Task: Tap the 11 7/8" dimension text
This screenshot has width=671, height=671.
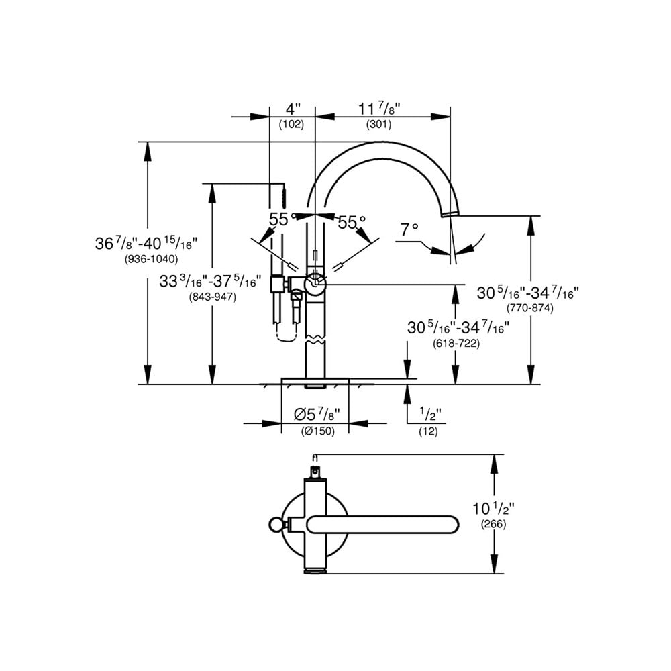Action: pos(379,109)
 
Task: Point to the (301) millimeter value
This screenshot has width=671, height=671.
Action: pos(379,124)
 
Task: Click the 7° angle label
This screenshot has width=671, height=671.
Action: pos(409,230)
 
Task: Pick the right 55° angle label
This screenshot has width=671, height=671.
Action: pos(352,222)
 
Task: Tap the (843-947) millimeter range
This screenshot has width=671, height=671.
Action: pos(213,297)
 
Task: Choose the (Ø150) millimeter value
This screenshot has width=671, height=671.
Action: pos(317,431)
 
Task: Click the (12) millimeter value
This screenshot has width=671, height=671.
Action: pos(428,432)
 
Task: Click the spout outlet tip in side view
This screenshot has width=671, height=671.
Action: pos(450,213)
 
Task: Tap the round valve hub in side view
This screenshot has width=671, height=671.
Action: pos(315,285)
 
